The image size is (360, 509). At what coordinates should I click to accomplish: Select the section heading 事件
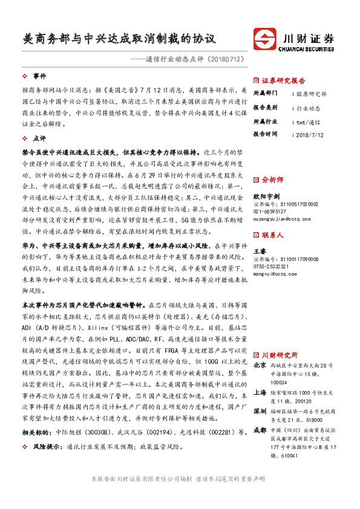click(39, 77)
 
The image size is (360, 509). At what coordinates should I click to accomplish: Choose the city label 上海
click(259, 392)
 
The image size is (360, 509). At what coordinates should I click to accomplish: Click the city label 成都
click(259, 430)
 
